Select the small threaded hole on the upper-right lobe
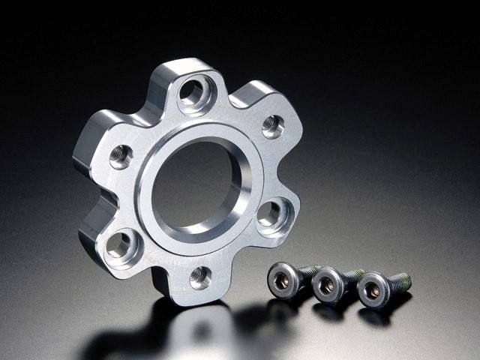tap(272, 125)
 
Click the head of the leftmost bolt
tap(282, 280)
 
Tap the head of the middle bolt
tap(326, 286)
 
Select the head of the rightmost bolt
tap(371, 292)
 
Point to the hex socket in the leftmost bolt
tap(282, 280)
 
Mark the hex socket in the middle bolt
tap(326, 286)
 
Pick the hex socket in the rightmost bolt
tap(371, 292)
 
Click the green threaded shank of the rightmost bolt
tap(399, 282)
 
